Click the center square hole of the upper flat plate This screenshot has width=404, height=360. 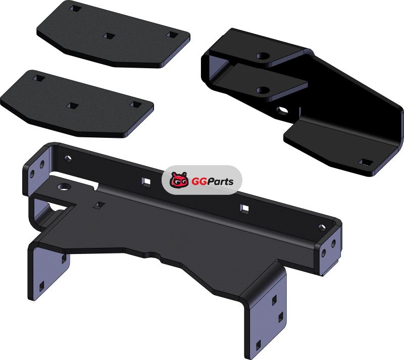coord(109,36)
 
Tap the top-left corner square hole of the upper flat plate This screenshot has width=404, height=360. coord(75,9)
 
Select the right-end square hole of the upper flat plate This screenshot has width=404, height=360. coord(171,34)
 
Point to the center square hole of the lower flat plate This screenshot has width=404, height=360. coord(72,106)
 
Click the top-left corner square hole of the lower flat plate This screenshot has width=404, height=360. coord(39,78)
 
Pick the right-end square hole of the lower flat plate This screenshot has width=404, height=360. coord(135,105)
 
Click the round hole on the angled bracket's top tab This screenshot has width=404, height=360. coord(263,56)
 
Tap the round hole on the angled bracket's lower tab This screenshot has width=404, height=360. coord(263,90)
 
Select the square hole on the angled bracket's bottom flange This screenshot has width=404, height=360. coord(366,162)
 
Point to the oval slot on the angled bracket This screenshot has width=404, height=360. coord(282,111)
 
